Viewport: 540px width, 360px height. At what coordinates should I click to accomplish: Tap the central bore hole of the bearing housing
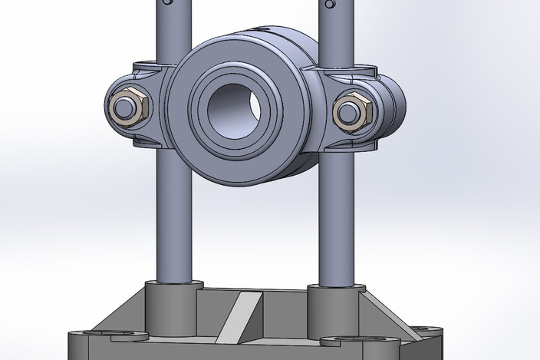(x=232, y=107)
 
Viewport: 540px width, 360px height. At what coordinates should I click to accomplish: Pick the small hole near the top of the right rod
(x=331, y=4)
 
